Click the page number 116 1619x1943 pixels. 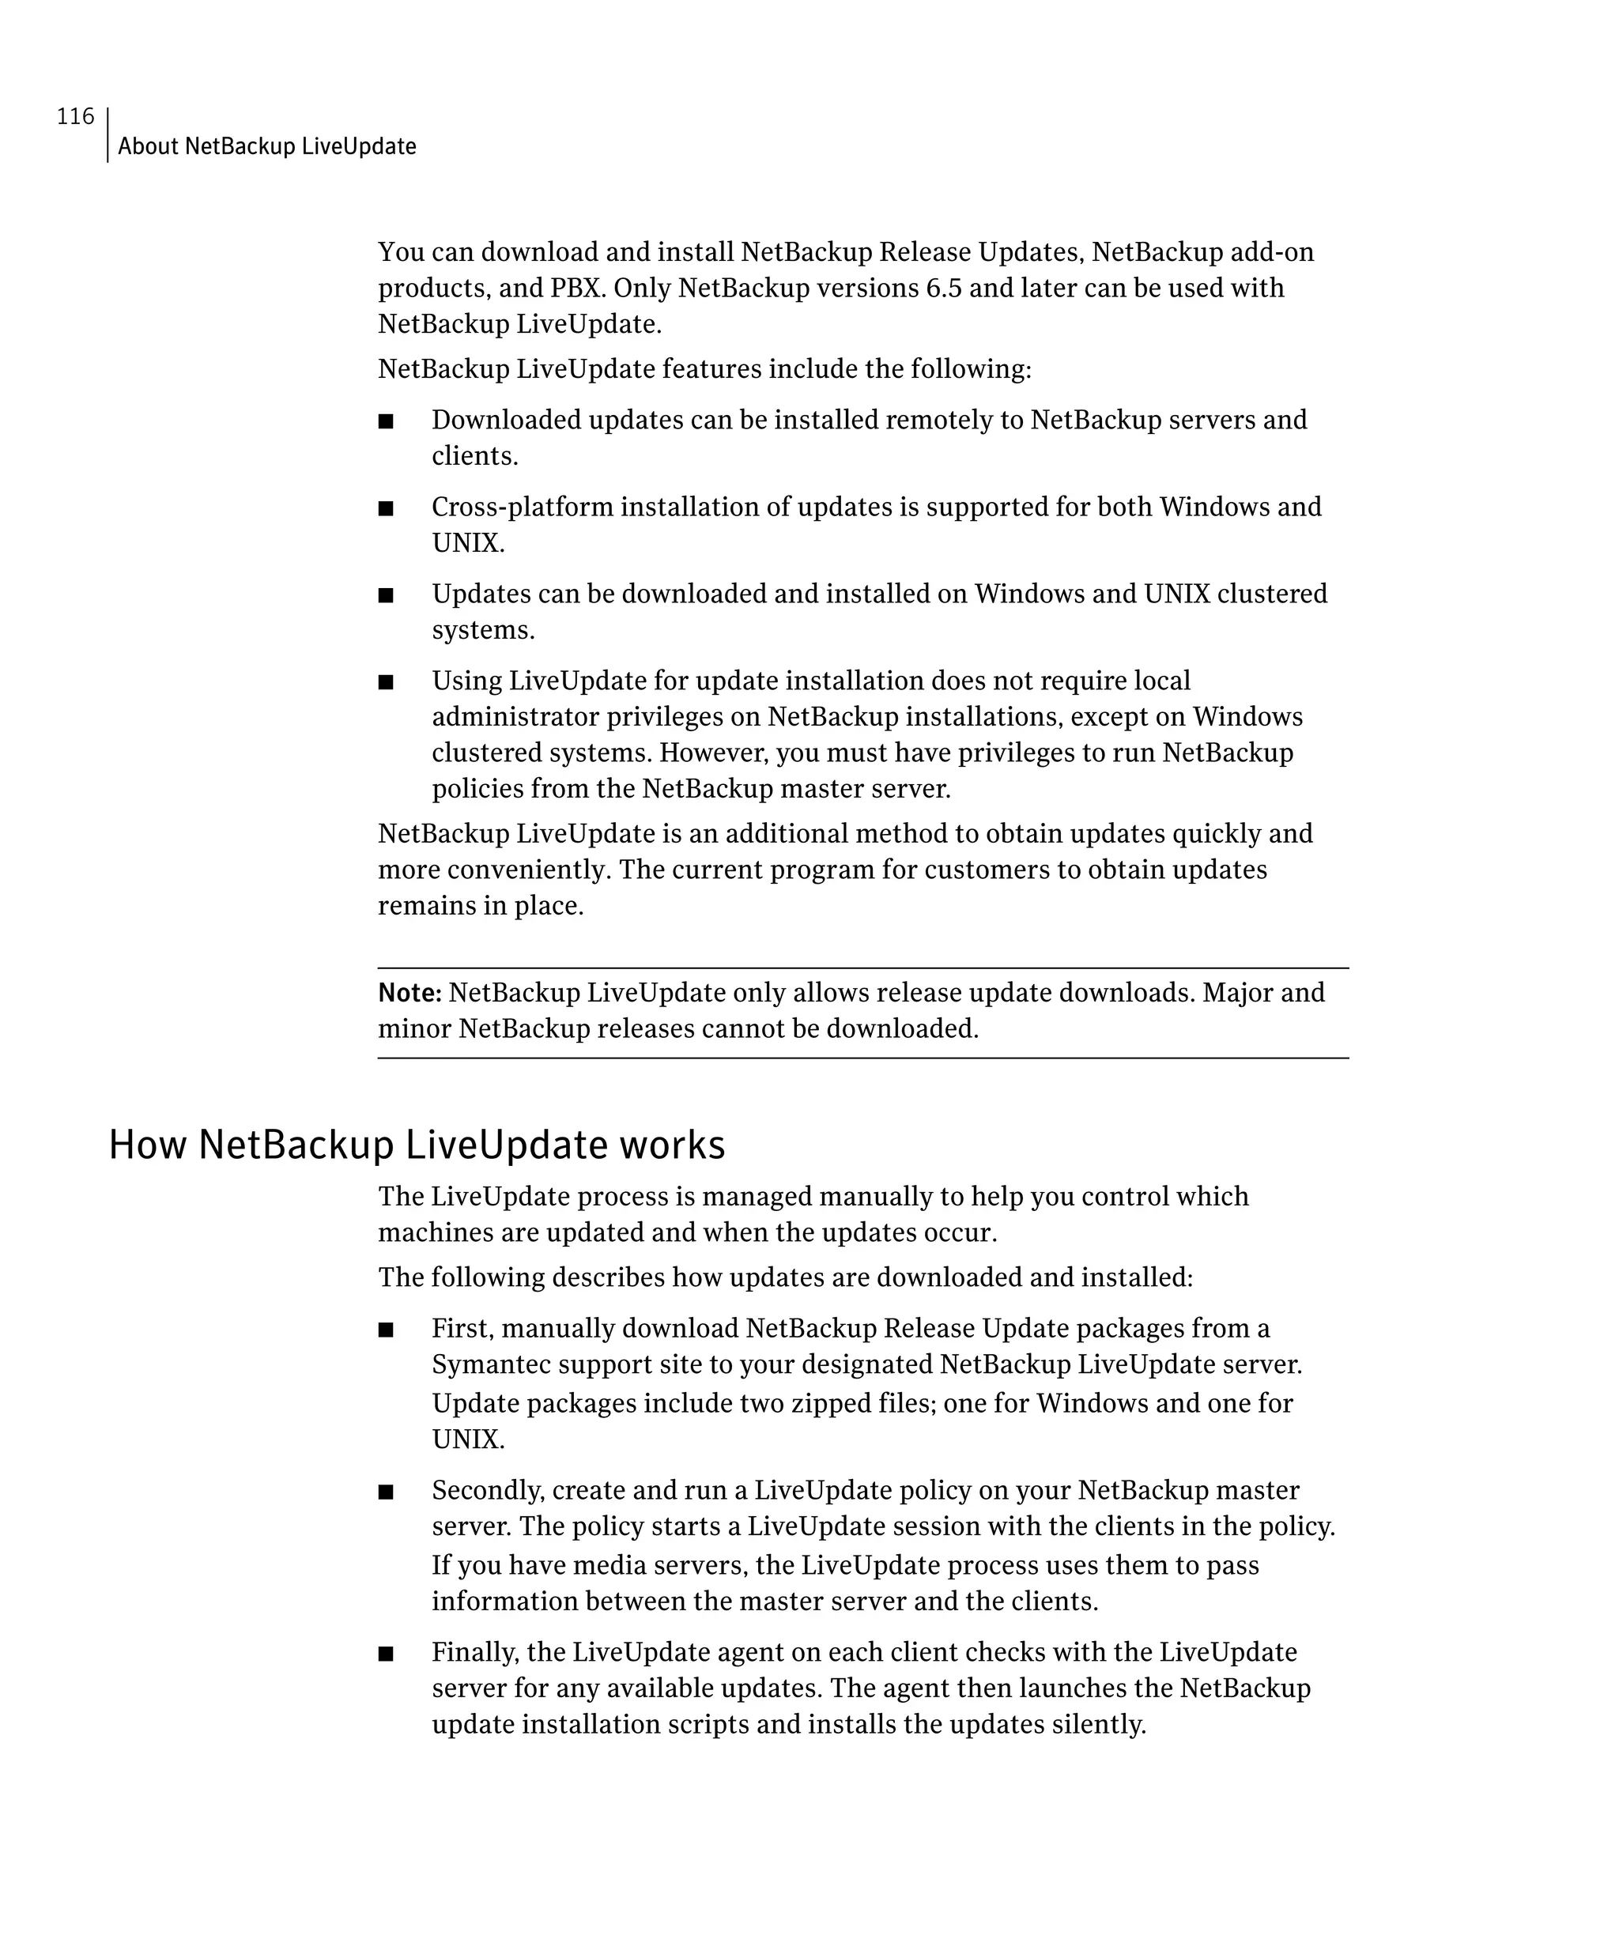75,116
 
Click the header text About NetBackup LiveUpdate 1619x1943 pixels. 266,146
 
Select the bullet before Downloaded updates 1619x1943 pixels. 386,422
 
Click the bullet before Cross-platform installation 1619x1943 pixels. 386,509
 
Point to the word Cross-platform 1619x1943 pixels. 522,507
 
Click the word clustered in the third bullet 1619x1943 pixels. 1271,593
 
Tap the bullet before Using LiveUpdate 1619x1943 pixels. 386,683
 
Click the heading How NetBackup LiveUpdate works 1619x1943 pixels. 417,1145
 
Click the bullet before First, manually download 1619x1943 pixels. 386,1330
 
